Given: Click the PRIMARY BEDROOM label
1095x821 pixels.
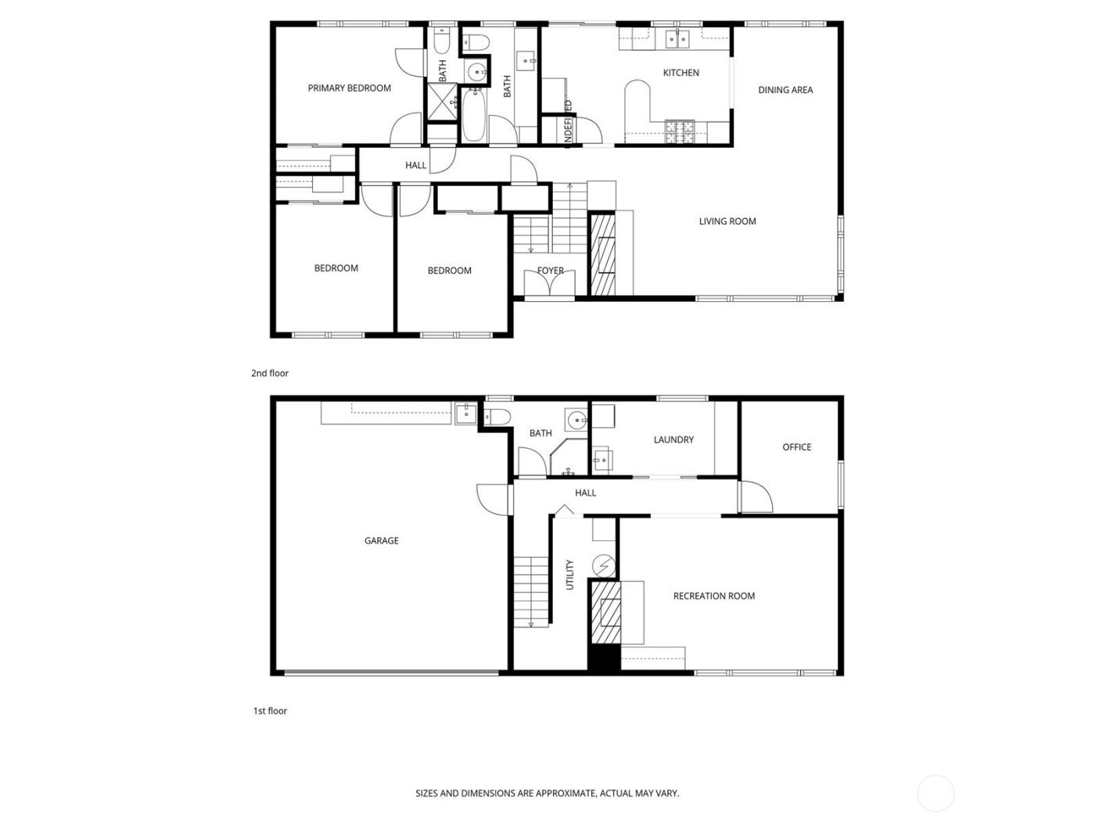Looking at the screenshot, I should point(349,88).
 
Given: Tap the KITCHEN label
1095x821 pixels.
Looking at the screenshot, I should point(680,73).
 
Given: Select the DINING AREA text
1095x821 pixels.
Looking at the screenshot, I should point(785,90).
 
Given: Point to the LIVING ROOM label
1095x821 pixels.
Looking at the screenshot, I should point(727,221).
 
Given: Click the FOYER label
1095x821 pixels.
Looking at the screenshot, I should point(550,271).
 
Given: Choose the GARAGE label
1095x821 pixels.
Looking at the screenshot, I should point(382,540).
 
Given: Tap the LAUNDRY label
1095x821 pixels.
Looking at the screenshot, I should point(673,439).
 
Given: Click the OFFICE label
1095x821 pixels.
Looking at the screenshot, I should point(796,447).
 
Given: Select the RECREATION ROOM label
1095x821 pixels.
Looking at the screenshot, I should point(714,596).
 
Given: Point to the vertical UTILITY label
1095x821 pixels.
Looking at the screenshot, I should point(569,575).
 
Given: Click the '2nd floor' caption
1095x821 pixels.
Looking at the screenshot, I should point(270,373).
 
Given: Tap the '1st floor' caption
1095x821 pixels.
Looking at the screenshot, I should point(270,711).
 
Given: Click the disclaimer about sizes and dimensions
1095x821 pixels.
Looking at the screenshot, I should point(547,793).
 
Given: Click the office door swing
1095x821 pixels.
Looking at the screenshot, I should point(755,496).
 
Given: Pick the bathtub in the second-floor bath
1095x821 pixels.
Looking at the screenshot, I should point(474,117).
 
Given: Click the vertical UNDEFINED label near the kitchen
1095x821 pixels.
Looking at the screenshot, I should point(568,122).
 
